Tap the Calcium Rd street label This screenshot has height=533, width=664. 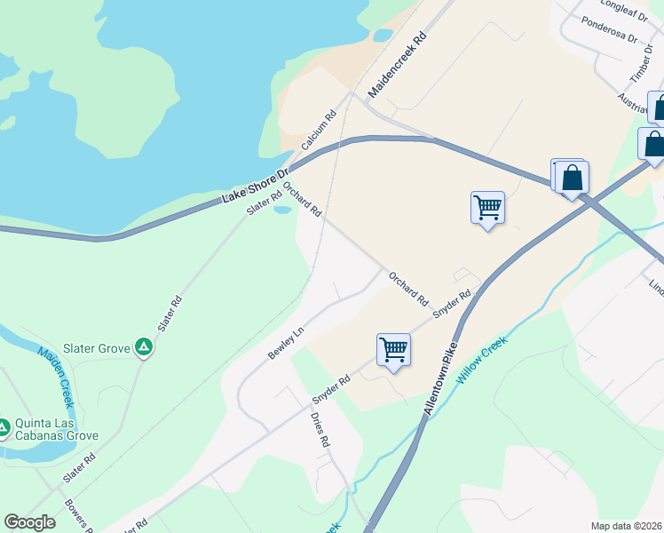[x=319, y=128]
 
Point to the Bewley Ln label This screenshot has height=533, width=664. [x=286, y=342]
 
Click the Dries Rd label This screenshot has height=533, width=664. [x=320, y=428]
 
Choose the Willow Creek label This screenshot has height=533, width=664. [x=483, y=360]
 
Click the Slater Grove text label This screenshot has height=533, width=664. [x=96, y=348]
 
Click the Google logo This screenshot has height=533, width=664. [x=29, y=522]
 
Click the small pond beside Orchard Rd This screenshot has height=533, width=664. [x=282, y=210]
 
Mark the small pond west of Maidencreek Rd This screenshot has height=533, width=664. [x=383, y=36]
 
